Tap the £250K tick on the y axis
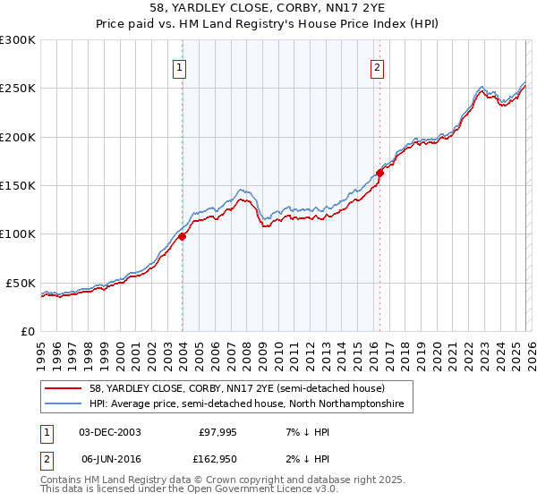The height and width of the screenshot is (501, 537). [x=18, y=89]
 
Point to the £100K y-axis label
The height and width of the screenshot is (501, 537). [x=18, y=234]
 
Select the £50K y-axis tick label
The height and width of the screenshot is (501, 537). [x=21, y=283]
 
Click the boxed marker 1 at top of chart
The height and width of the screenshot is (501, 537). [x=180, y=66]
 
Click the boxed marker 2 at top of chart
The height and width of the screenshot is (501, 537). [x=378, y=66]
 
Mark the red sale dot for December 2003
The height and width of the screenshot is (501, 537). [x=182, y=236]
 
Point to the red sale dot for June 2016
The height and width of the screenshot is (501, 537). [x=379, y=173]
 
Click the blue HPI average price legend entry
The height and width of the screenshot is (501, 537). [x=246, y=404]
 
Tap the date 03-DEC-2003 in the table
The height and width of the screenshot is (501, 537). [x=109, y=431]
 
